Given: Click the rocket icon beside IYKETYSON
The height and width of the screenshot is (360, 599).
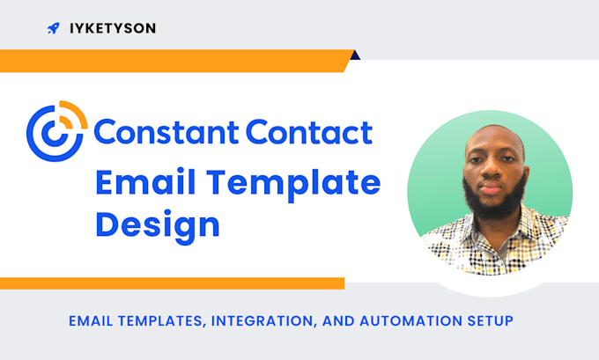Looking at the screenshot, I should tap(54, 28).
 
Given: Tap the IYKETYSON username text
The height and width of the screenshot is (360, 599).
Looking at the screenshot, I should tap(112, 28).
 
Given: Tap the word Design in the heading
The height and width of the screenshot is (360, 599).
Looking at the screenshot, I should tap(157, 224).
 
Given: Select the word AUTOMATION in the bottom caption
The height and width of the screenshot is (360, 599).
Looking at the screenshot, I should tap(405, 321).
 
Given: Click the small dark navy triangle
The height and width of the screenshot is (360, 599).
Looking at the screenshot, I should tap(354, 55).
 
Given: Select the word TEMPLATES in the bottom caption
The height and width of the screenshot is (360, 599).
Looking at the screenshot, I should tap(153, 321).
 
